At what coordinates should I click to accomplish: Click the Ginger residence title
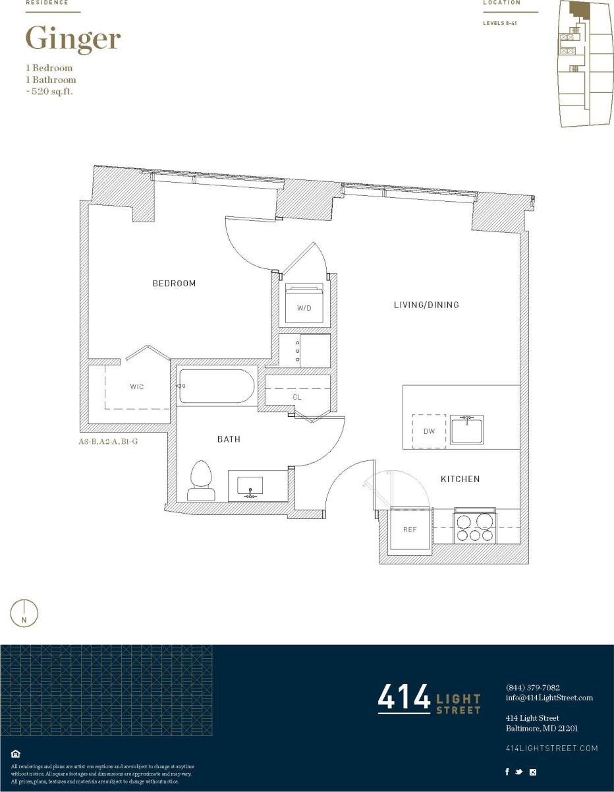point(72,40)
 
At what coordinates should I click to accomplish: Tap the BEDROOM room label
point(174,284)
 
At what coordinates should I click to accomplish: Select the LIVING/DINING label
point(426,305)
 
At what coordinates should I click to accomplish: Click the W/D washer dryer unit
point(304,303)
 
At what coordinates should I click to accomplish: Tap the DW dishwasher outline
point(429,431)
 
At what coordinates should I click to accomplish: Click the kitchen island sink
point(467,429)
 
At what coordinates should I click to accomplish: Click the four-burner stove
point(474,527)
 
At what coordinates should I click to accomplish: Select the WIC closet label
point(136,386)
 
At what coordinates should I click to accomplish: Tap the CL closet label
point(297,398)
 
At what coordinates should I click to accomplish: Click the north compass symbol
point(24,613)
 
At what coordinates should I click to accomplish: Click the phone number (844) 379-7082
point(532,687)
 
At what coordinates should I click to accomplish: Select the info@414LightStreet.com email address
point(549,698)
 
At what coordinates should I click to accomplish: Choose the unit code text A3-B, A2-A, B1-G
point(108,441)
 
